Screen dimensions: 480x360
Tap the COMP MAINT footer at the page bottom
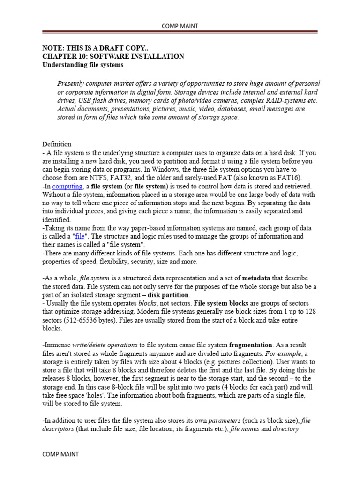click(x=60, y=454)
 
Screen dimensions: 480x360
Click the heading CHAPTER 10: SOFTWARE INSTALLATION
click(x=113, y=56)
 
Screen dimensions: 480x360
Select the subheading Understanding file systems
click(x=83, y=64)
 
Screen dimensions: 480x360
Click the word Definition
click(x=57, y=144)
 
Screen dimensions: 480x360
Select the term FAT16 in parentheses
click(x=289, y=178)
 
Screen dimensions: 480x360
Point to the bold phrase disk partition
click(x=169, y=295)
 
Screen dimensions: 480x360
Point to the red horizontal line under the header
click(x=180, y=32)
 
